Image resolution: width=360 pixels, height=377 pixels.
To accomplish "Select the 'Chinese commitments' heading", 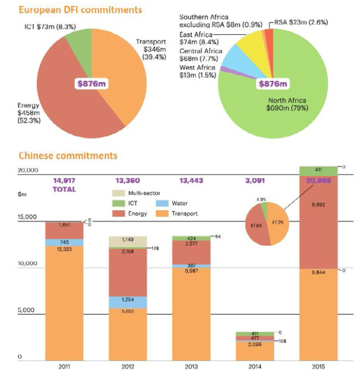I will pos(67,155).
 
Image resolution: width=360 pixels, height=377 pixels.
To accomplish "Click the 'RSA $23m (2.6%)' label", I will pos(301,22).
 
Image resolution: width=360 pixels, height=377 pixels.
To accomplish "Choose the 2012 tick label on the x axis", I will pos(128,366).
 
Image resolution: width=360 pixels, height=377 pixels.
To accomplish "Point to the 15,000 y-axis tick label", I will pos(29,217).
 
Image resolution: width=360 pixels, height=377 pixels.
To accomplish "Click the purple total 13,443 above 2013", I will pos(192,180).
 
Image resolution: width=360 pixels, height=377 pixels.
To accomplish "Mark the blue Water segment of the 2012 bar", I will pos(128,302).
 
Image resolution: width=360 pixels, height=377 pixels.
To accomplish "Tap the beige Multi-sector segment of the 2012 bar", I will pos(128,240).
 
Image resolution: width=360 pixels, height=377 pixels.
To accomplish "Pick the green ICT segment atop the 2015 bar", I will pos(318,170).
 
